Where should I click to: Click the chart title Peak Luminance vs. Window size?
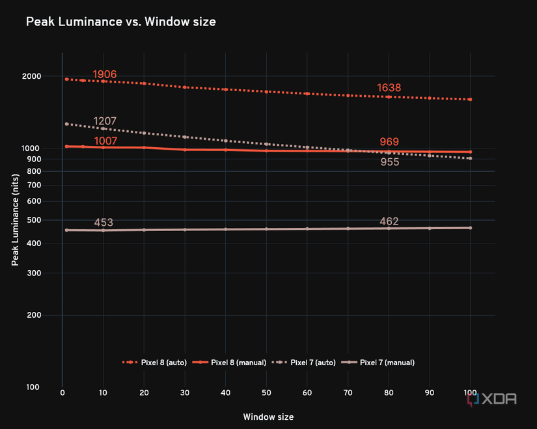pyautogui.click(x=121, y=22)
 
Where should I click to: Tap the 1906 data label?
pyautogui.click(x=104, y=74)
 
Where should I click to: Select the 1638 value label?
pyautogui.click(x=389, y=88)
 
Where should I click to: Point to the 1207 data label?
pyautogui.click(x=105, y=121)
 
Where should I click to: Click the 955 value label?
pyautogui.click(x=390, y=161)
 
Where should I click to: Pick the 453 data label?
pyautogui.click(x=103, y=223)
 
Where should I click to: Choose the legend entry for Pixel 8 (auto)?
pyautogui.click(x=154, y=363)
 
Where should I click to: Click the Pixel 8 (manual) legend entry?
pyautogui.click(x=229, y=363)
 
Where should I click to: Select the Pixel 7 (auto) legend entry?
pyautogui.click(x=304, y=363)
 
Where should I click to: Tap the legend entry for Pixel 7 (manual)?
pyautogui.click(x=378, y=363)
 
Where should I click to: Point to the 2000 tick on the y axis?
pyautogui.click(x=31, y=76)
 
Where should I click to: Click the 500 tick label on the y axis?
pyautogui.click(x=34, y=220)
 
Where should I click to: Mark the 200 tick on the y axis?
pyautogui.click(x=34, y=315)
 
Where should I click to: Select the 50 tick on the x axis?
pyautogui.click(x=266, y=393)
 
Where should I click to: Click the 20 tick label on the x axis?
pyautogui.click(x=144, y=393)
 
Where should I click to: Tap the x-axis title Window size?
pyautogui.click(x=268, y=417)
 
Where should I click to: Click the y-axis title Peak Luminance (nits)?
pyautogui.click(x=15, y=220)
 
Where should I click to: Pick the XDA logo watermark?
pyautogui.click(x=492, y=399)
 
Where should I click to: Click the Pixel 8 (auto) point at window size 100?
pyautogui.click(x=470, y=100)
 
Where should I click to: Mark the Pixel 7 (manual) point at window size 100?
pyautogui.click(x=470, y=228)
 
